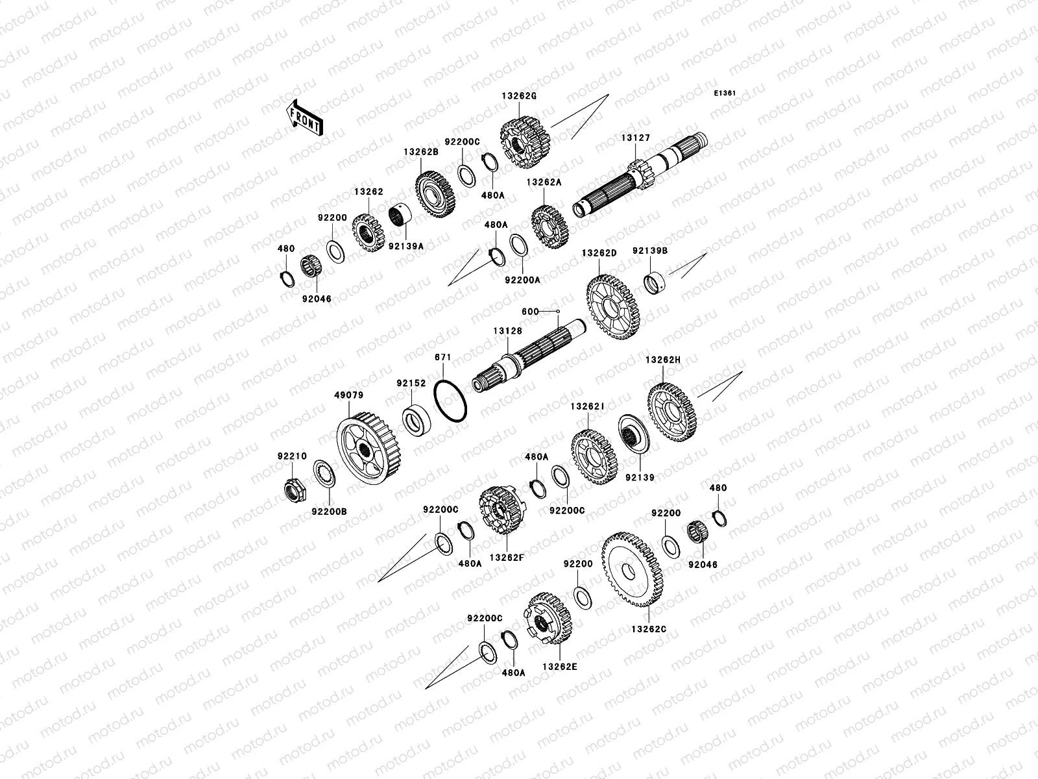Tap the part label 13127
coord(636,138)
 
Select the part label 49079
coord(349,395)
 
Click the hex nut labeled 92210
coord(295,490)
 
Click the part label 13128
coord(508,331)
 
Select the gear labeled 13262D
coord(613,308)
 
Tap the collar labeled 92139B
coord(655,282)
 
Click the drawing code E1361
coord(725,93)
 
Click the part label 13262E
coord(560,667)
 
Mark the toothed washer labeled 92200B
coord(324,473)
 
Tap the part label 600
coord(530,311)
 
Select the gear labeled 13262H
coord(672,412)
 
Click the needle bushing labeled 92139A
coord(400,216)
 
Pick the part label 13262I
coord(587,406)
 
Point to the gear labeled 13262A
coord(549,227)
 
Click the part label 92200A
coord(522,280)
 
